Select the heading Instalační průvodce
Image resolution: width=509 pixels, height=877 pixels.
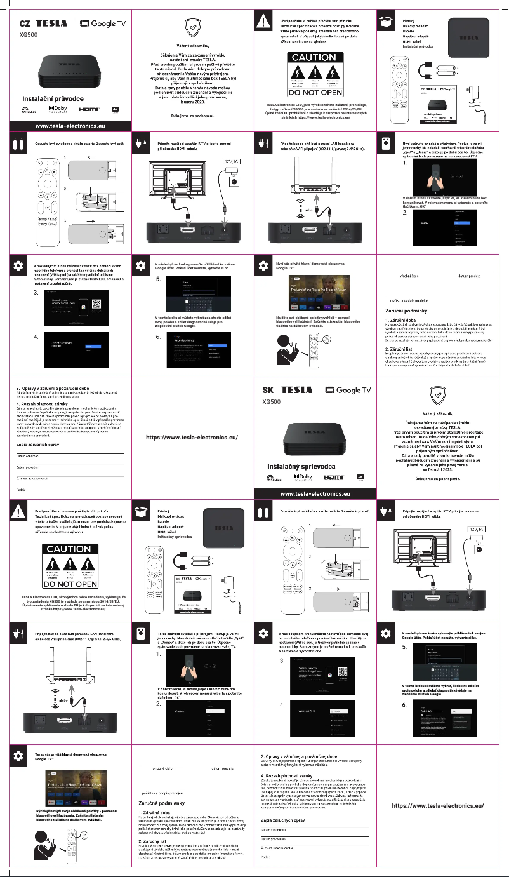coord(53,99)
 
